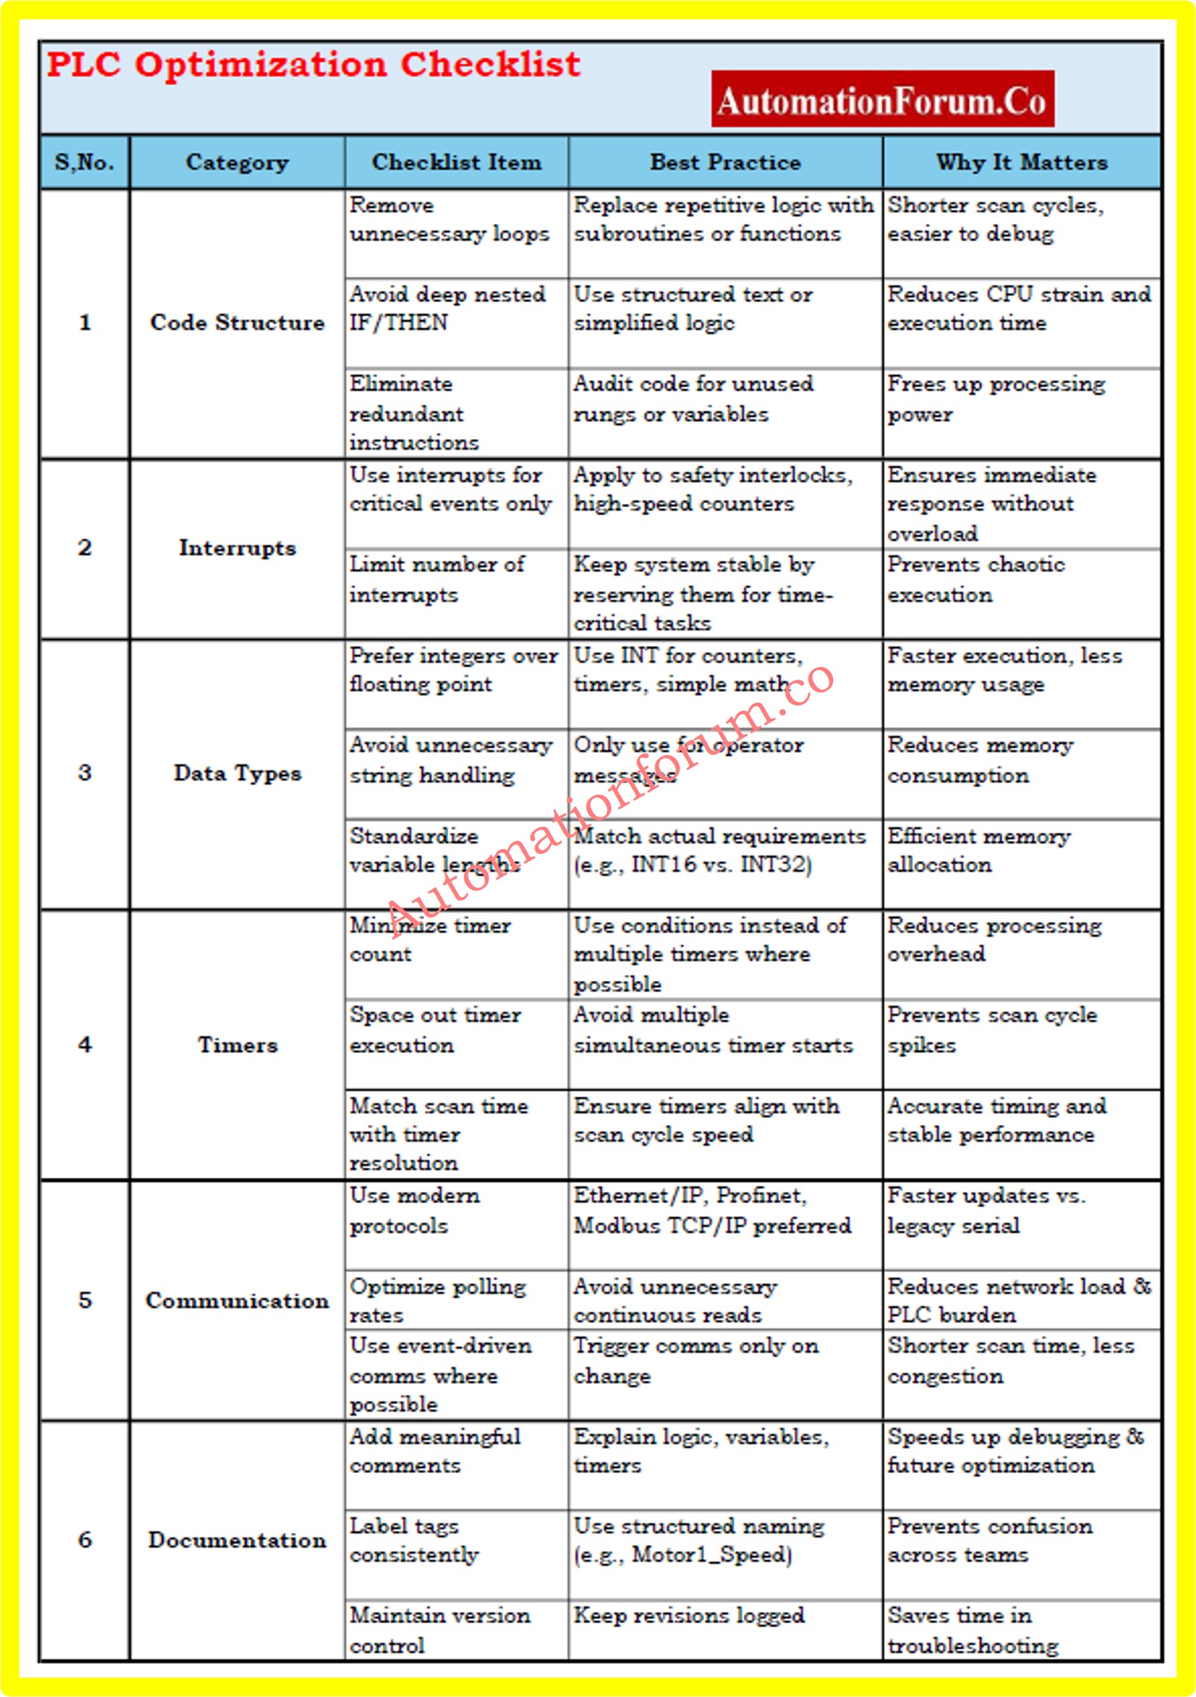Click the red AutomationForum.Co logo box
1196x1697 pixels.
(x=882, y=99)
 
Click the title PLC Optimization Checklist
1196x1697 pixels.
(x=313, y=65)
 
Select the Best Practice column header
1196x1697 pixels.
(x=724, y=162)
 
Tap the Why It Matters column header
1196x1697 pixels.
(x=1022, y=162)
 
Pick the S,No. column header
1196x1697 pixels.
(x=84, y=162)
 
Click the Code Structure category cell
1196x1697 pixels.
(x=237, y=323)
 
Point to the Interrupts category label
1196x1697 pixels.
(x=237, y=548)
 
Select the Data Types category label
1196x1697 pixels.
(x=237, y=773)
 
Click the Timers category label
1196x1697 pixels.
(x=237, y=1045)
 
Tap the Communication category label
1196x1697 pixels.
(x=237, y=1300)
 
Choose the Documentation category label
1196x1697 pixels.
(x=237, y=1539)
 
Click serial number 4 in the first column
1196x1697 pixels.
(x=85, y=1045)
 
